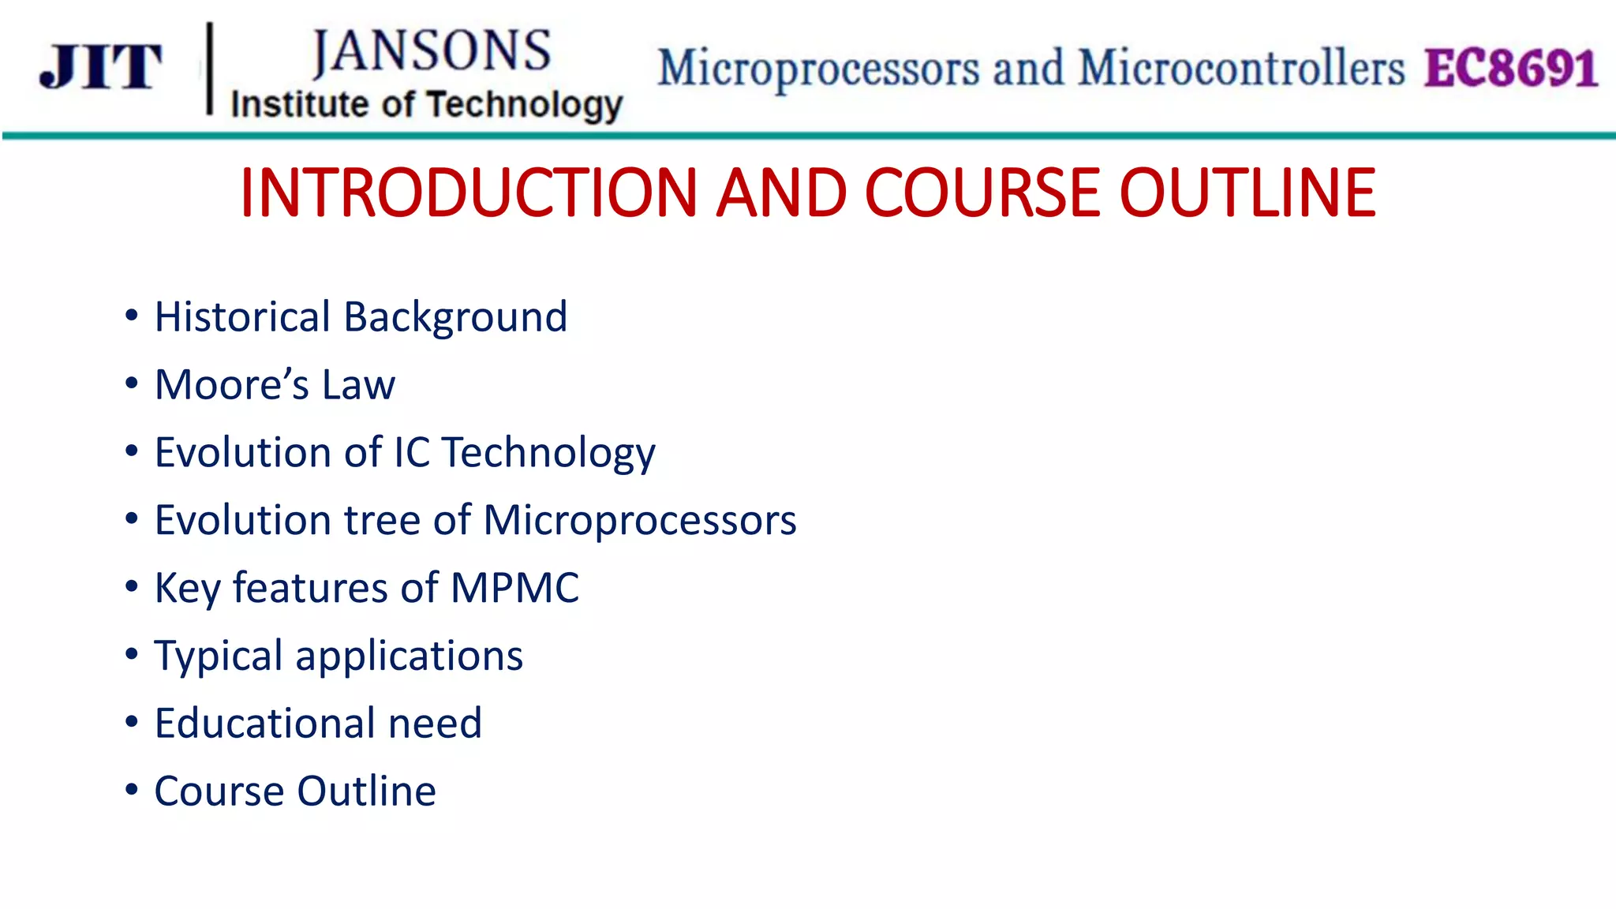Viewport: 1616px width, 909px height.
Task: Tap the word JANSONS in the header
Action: click(432, 52)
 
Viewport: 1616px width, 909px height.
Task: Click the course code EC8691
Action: click(1511, 68)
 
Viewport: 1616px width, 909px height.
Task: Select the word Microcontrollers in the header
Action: click(1241, 68)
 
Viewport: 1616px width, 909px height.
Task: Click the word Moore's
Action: click(232, 385)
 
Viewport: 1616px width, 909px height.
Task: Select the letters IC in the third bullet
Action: click(411, 453)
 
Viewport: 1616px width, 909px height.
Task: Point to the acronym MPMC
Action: click(514, 588)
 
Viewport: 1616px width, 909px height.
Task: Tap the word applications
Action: click(409, 656)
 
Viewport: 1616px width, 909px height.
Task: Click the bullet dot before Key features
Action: click(132, 586)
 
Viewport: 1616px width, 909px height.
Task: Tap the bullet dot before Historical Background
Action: click(132, 316)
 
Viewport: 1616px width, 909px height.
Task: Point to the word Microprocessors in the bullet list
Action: click(640, 521)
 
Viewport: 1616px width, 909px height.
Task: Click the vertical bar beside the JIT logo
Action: click(210, 69)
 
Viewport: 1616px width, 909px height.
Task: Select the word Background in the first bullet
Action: click(455, 317)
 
